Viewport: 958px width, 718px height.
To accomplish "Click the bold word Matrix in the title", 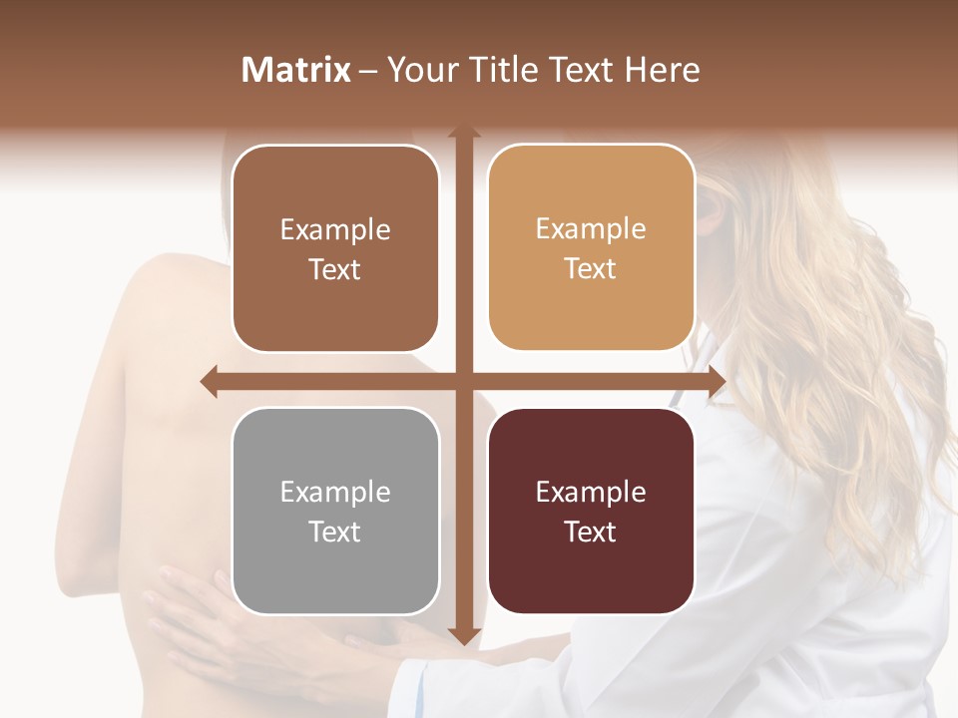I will coord(296,70).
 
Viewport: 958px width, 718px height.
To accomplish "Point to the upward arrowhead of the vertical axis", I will coord(463,134).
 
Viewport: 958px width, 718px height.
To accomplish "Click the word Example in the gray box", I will coord(335,493).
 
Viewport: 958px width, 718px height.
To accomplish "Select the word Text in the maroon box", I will coord(591,532).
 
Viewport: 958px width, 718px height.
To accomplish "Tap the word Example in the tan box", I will coord(591,229).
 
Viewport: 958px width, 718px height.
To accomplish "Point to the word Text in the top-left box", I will coord(335,269).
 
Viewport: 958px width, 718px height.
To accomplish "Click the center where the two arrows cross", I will coord(463,381).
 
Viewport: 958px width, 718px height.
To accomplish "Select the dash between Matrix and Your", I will coord(368,71).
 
